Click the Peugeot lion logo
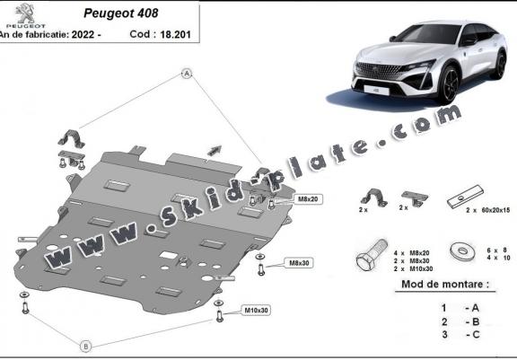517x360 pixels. click(25, 13)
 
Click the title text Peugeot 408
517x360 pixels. click(121, 13)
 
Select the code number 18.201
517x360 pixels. click(175, 34)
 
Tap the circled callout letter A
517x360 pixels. click(187, 74)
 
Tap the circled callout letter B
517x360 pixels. click(86, 347)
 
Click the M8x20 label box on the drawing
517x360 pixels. click(308, 198)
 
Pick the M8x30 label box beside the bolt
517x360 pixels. click(299, 263)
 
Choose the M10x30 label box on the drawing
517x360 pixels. click(256, 311)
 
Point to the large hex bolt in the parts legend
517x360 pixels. click(371, 255)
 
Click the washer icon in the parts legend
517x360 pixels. click(462, 251)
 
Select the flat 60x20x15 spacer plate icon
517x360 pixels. click(465, 197)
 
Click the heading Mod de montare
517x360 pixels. click(445, 285)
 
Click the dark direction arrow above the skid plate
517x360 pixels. click(215, 150)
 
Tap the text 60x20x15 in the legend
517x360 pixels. click(495, 210)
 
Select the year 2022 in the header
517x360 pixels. click(83, 34)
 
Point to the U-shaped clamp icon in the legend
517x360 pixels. click(373, 198)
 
